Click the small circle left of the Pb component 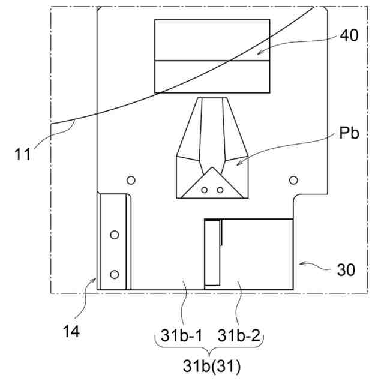click(130, 180)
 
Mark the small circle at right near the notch click(293, 180)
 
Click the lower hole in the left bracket click(115, 274)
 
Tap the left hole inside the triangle click(205, 190)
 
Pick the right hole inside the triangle click(220, 190)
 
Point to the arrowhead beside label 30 click(299, 263)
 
